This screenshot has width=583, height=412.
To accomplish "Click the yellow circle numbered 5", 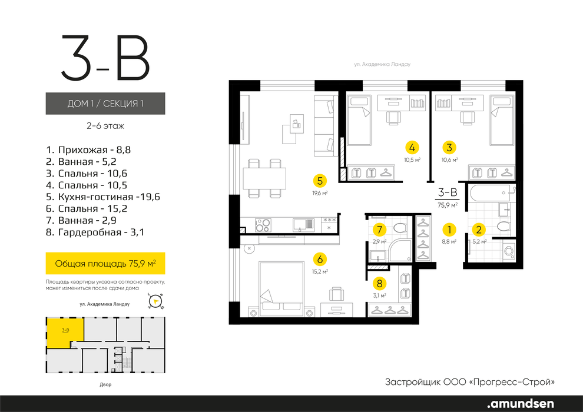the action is (320, 181).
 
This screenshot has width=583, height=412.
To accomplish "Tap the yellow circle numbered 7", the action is (379, 230).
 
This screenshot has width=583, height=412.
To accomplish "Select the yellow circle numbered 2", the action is (479, 230).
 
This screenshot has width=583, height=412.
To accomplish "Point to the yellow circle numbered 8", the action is (379, 284).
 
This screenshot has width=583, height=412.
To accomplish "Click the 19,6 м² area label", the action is (320, 193).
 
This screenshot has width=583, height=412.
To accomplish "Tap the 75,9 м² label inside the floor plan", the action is (448, 205).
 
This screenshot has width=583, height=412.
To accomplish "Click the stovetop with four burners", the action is (263, 225).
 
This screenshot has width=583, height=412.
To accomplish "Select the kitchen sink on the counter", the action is (303, 225).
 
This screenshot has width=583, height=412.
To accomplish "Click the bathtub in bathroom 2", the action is (491, 193).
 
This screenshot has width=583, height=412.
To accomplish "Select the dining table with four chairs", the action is (264, 178).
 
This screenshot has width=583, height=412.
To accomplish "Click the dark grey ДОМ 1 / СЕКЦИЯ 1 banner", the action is (105, 103).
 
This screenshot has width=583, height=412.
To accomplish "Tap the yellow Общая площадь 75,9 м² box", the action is (105, 264).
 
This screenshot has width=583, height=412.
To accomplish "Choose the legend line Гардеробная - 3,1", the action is (95, 232).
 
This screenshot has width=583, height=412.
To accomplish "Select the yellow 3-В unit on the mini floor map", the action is (65, 333).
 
